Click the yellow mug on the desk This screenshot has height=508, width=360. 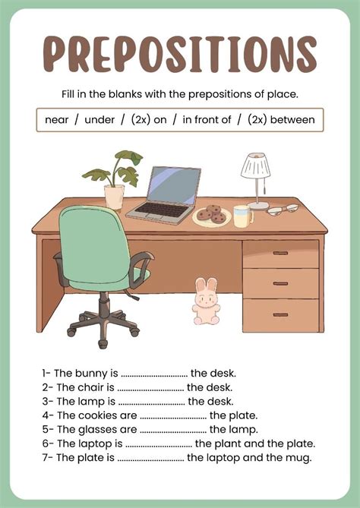pos(242,216)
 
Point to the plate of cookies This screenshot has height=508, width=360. pos(212,215)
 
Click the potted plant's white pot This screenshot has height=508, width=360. pos(114,197)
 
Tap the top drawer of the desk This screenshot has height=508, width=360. pos(280,254)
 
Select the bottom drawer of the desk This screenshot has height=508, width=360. pos(280,314)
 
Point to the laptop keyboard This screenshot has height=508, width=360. pos(161,209)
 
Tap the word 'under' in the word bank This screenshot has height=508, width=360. pos(99,120)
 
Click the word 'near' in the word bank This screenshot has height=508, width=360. pos(57,120)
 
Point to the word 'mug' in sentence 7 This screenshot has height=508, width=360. pos(296,457)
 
